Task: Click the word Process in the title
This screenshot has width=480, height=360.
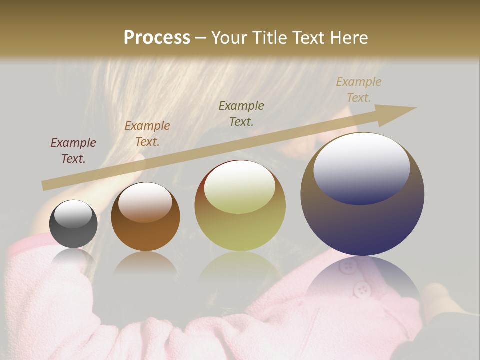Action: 157,37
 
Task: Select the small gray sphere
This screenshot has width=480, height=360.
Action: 73,224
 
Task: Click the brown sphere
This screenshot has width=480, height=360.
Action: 145,217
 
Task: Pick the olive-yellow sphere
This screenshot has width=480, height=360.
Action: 240,205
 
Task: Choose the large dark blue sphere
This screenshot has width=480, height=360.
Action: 362,194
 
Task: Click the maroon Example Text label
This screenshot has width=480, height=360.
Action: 73,151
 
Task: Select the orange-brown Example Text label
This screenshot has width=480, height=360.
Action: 147,134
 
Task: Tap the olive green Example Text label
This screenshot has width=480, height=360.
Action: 241,113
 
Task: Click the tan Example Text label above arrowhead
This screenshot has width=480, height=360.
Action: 358,90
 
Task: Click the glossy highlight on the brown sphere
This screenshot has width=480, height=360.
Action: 145,201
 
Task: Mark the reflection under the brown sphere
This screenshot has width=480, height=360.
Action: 145,262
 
